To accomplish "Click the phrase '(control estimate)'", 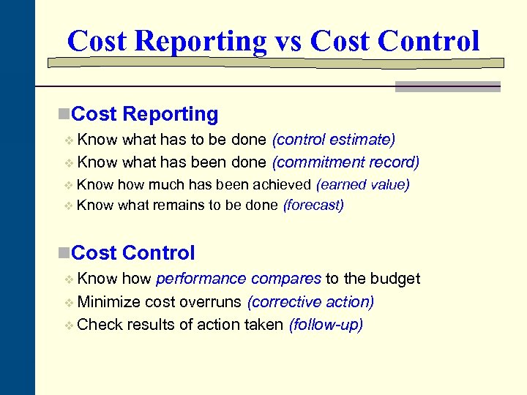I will click(x=334, y=140).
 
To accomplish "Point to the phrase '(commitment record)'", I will click(x=345, y=162).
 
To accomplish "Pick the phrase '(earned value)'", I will click(x=362, y=185).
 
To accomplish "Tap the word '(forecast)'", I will click(x=313, y=206).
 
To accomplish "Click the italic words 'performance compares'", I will click(x=239, y=279).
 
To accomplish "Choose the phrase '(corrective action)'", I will click(x=310, y=302).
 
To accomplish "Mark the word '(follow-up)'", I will click(x=326, y=325).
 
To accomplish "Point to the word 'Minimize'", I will click(x=108, y=302).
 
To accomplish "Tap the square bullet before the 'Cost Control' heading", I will click(x=64, y=253).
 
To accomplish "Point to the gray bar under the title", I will click(x=447, y=86).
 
